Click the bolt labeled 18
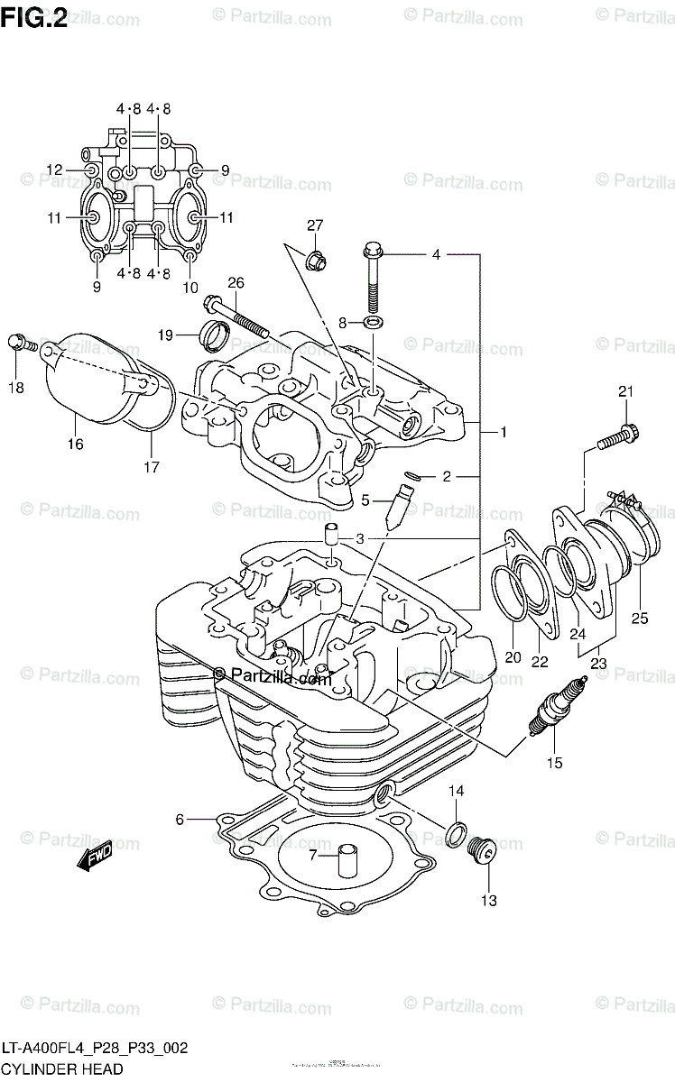pos(21,343)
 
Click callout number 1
pos(503,433)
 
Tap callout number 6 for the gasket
pos(180,819)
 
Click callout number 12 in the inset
pos(55,170)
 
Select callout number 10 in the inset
pos(190,288)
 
